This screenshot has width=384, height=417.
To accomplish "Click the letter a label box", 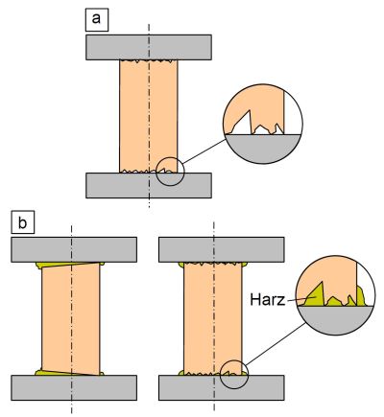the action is click(97, 20).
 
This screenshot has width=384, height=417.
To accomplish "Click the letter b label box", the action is click(23, 222).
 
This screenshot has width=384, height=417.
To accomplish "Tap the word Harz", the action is click(267, 300).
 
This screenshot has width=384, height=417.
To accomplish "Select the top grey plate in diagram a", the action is click(149, 47).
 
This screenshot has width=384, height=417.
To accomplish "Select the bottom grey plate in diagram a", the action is click(149, 185).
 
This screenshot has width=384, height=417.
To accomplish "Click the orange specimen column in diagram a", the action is click(149, 116).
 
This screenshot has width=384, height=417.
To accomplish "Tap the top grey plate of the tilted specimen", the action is click(74, 249).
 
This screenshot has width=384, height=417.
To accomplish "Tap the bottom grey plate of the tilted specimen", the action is click(74, 387).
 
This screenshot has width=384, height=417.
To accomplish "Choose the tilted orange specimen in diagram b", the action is click(71, 318).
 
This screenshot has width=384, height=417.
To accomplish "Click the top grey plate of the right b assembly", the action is click(222, 249).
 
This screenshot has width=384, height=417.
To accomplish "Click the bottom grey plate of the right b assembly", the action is click(222, 387).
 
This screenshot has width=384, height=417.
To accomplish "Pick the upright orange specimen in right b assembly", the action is click(213, 318).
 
